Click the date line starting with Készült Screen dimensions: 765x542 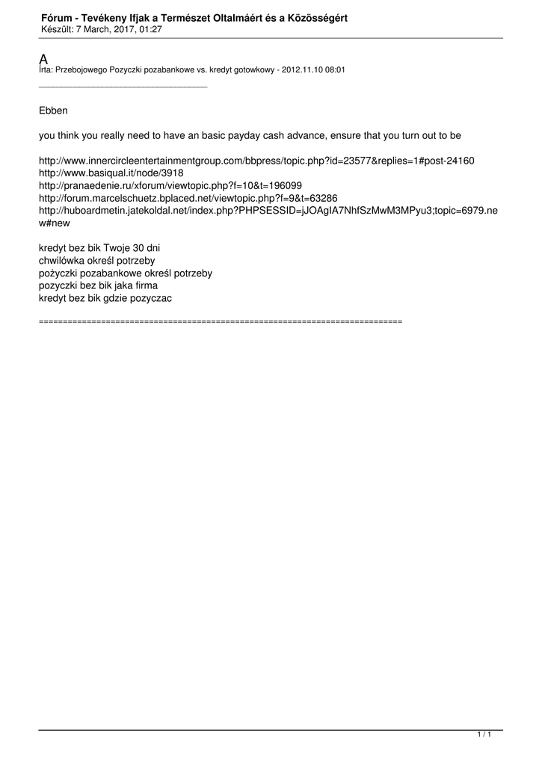pyautogui.click(x=102, y=29)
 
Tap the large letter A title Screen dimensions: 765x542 pyautogui.click(x=43, y=60)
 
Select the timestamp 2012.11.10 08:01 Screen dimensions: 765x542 pyautogui.click(x=313, y=69)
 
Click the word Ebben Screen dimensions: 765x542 pyautogui.click(x=53, y=111)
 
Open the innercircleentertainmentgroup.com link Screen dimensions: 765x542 pyautogui.click(x=256, y=161)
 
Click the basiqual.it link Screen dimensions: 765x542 pyautogui.click(x=111, y=173)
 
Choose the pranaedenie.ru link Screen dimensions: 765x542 pyautogui.click(x=170, y=185)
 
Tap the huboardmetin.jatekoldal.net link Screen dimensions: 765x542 pyautogui.click(x=268, y=211)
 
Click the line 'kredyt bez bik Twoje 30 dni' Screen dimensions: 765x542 pyautogui.click(x=99, y=247)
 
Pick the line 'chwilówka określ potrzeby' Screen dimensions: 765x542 pyautogui.click(x=96, y=260)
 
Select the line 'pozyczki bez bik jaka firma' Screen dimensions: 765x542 pyautogui.click(x=98, y=285)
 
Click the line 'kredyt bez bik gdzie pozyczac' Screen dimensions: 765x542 pyautogui.click(x=105, y=298)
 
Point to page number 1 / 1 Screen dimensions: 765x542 pyautogui.click(x=484, y=735)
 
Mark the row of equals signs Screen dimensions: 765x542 pyautogui.click(x=220, y=320)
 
